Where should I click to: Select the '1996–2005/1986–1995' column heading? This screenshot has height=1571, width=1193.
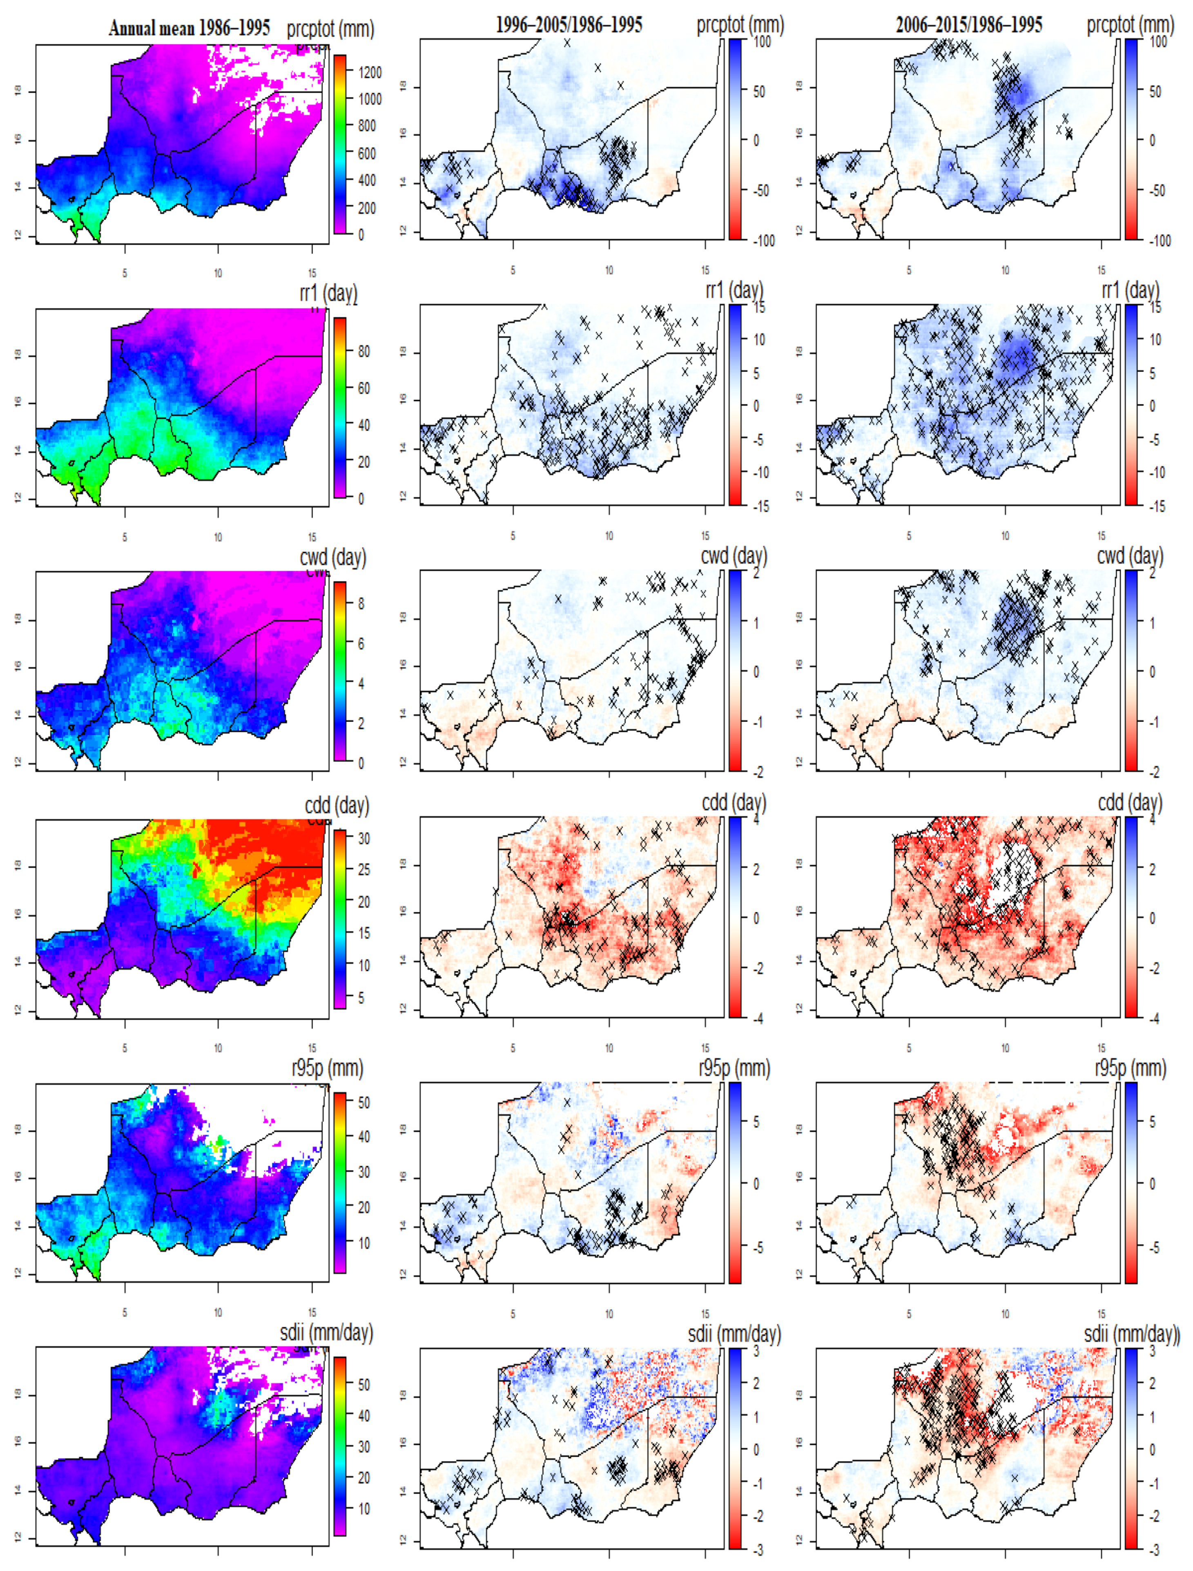569,26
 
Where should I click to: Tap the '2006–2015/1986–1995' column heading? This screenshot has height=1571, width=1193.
969,26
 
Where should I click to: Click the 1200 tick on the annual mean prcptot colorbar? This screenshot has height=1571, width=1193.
369,72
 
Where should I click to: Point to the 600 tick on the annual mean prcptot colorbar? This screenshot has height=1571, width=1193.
366,154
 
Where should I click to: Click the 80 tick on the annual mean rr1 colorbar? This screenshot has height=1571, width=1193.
363,352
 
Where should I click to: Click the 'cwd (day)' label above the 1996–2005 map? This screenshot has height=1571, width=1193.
734,556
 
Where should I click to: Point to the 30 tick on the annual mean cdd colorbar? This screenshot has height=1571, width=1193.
363,839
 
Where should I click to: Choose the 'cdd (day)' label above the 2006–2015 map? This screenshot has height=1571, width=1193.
1130,803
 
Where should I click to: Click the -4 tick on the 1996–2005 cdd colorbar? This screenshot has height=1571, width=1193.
758,1018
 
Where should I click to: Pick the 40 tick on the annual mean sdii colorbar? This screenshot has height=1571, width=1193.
363,1415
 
